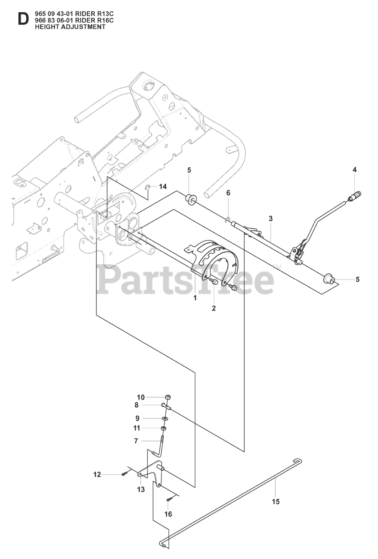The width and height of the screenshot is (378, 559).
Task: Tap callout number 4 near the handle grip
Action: (354, 170)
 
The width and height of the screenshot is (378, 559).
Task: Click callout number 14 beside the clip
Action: (163, 186)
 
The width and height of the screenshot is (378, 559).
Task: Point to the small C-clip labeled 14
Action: (148, 188)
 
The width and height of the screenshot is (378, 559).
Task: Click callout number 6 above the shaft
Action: (228, 193)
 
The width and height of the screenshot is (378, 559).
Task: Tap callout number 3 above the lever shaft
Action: (271, 218)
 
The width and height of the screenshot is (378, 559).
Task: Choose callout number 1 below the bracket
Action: (195, 298)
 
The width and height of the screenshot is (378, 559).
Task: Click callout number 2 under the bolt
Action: (214, 308)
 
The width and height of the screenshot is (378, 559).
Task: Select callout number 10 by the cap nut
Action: (141, 397)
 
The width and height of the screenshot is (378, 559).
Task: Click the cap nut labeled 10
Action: (168, 397)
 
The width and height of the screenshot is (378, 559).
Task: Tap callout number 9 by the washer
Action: (137, 418)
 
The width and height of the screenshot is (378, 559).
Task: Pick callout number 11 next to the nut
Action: (137, 428)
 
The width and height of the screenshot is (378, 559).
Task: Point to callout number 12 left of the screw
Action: (97, 474)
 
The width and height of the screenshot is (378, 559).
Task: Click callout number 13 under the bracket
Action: (141, 490)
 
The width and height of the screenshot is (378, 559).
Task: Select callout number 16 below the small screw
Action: (168, 514)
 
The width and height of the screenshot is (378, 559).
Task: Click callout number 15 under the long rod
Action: (275, 501)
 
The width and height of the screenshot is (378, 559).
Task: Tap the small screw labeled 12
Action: (125, 474)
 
